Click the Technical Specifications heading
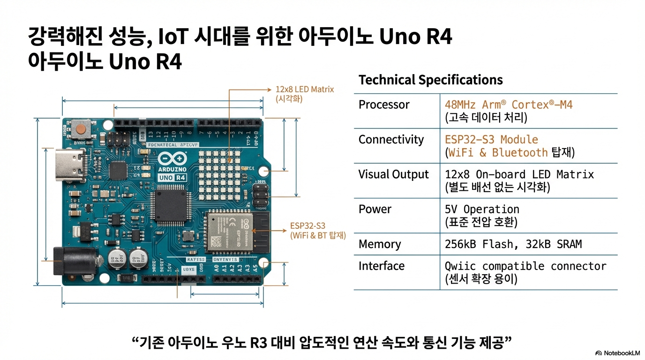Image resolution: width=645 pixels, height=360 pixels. pyautogui.click(x=430, y=80)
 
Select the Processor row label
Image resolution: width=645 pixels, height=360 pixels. pyautogui.click(x=384, y=105)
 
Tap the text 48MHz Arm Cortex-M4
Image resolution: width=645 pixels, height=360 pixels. pyautogui.click(x=509, y=105)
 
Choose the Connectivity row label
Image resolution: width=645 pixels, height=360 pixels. pyautogui.click(x=391, y=140)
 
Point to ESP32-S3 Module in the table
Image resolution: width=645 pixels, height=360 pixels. pyautogui.click(x=491, y=140)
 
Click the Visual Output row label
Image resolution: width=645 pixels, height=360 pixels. pyautogui.click(x=393, y=174)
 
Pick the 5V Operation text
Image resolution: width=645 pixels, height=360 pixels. pyautogui.click(x=482, y=209)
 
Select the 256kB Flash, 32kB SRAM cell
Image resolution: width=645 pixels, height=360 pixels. pyautogui.click(x=513, y=244)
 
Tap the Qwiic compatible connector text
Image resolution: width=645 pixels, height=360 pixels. pyautogui.click(x=525, y=266)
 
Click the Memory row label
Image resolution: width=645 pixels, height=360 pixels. pyautogui.click(x=380, y=244)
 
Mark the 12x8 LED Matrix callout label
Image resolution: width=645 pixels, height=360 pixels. pyautogui.click(x=305, y=89)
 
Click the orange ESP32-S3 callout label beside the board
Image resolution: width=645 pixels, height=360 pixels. pyautogui.click(x=307, y=225)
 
